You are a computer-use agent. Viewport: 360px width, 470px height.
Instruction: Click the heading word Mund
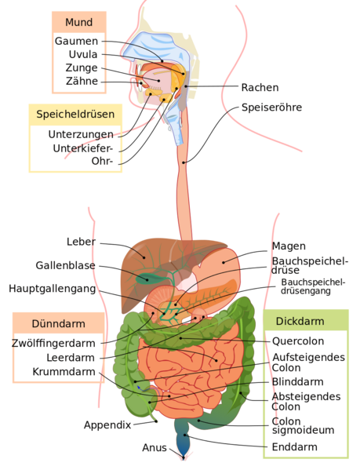(79, 22)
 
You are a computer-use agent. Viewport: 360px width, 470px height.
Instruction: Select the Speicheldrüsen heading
(75, 115)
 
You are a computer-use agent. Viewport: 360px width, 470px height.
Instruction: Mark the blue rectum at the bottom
(182, 444)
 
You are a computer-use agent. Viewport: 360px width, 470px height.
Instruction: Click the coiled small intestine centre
(188, 369)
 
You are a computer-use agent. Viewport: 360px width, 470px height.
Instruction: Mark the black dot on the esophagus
(183, 162)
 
